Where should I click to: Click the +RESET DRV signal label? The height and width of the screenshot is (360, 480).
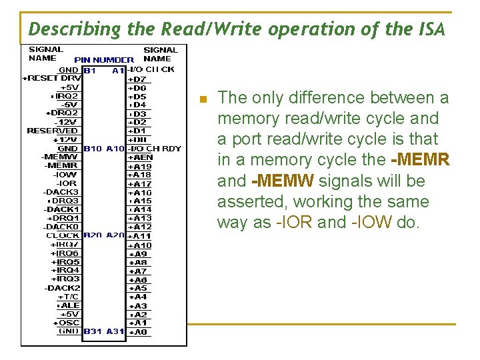click(51, 78)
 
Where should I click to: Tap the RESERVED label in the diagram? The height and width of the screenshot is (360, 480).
click(53, 131)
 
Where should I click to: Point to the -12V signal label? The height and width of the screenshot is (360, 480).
click(67, 122)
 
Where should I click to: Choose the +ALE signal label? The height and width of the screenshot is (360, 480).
click(69, 305)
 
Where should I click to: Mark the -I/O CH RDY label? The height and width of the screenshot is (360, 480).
click(154, 149)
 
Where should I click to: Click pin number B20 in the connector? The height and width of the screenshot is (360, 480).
click(92, 235)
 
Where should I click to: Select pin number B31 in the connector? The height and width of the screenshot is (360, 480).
click(92, 331)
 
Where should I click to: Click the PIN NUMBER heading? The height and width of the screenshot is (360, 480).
click(103, 60)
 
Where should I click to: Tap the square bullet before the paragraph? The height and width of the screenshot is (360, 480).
click(205, 99)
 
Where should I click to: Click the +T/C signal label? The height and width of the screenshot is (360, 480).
click(69, 297)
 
